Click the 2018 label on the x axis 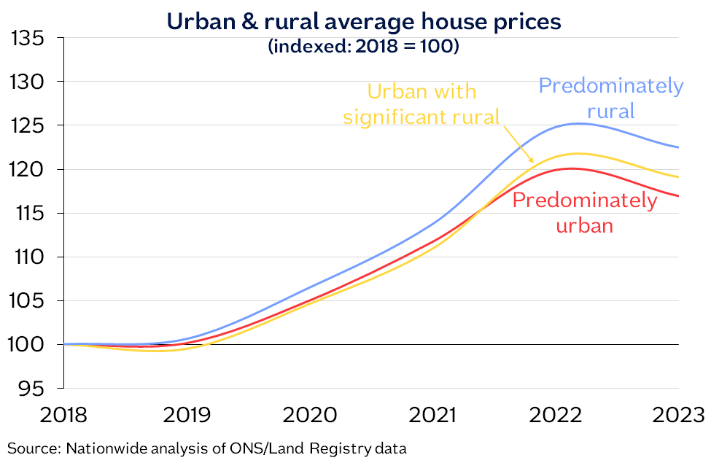click(x=64, y=416)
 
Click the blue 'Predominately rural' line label click(x=611, y=98)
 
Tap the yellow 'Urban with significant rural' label click(x=421, y=104)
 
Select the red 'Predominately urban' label click(x=584, y=212)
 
